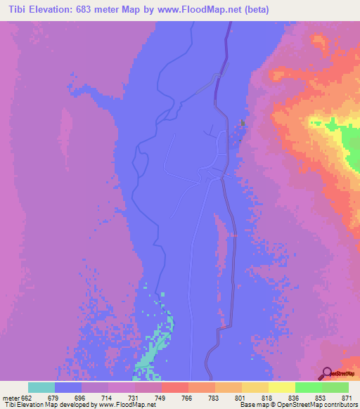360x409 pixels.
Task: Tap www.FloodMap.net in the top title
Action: coord(210,10)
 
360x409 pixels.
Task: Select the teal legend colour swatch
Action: coord(41,387)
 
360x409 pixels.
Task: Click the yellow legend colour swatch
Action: coord(281,387)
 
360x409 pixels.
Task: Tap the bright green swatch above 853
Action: coord(308,387)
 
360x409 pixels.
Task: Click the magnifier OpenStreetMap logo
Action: coord(326,373)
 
